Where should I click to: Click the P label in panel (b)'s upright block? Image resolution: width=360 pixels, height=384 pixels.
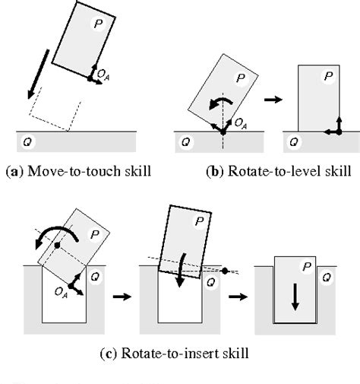click(326, 76)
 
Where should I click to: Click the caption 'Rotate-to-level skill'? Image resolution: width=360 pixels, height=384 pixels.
click(267, 171)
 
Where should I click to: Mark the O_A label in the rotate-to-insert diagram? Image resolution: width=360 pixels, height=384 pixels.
click(63, 291)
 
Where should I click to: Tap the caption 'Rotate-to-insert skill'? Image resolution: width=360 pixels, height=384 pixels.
click(181, 352)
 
